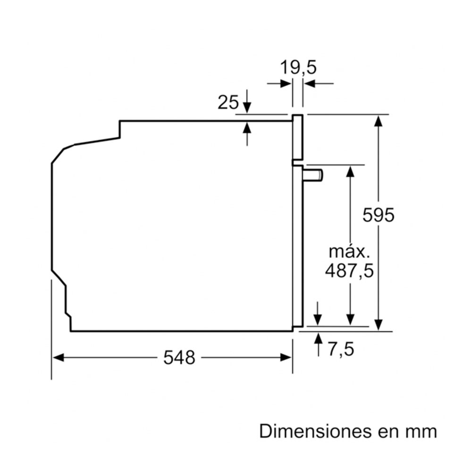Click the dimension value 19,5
298,67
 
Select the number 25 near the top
228,102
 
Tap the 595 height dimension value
378,215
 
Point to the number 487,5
349,270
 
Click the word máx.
349,252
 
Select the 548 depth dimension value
179,358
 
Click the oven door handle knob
313,175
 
